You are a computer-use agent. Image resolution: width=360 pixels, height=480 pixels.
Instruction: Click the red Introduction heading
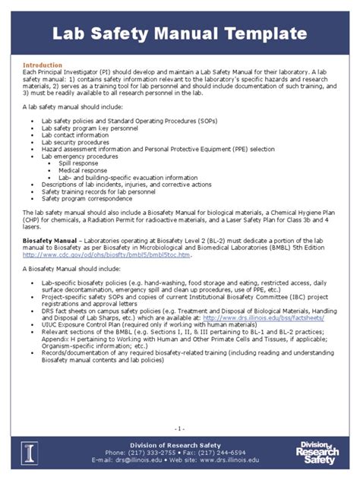(41, 65)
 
